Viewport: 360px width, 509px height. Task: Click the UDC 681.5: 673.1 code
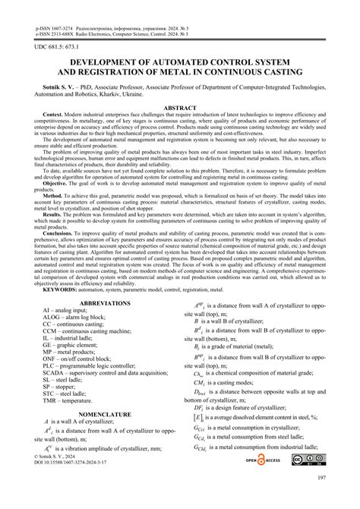(55, 48)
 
